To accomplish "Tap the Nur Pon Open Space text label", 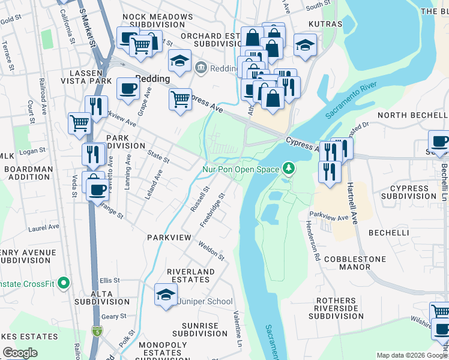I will (240, 169).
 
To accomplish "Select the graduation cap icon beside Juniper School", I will (166, 295).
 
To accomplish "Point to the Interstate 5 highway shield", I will (97, 331).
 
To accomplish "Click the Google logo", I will (20, 353).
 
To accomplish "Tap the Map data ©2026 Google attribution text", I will (412, 356).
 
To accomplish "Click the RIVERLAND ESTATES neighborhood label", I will (191, 276).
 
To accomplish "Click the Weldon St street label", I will (211, 251).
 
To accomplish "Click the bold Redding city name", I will (152, 79).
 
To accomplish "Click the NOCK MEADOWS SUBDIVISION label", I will (152, 21).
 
